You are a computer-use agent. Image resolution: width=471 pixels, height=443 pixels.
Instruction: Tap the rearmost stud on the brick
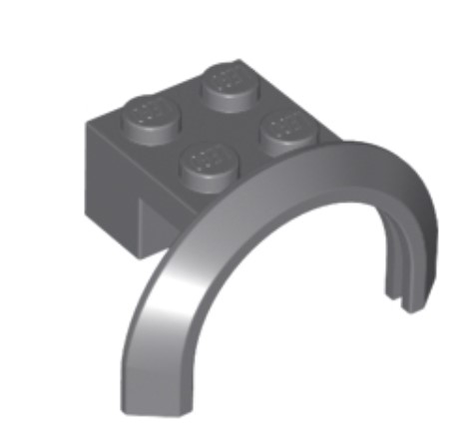tap(229, 78)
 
